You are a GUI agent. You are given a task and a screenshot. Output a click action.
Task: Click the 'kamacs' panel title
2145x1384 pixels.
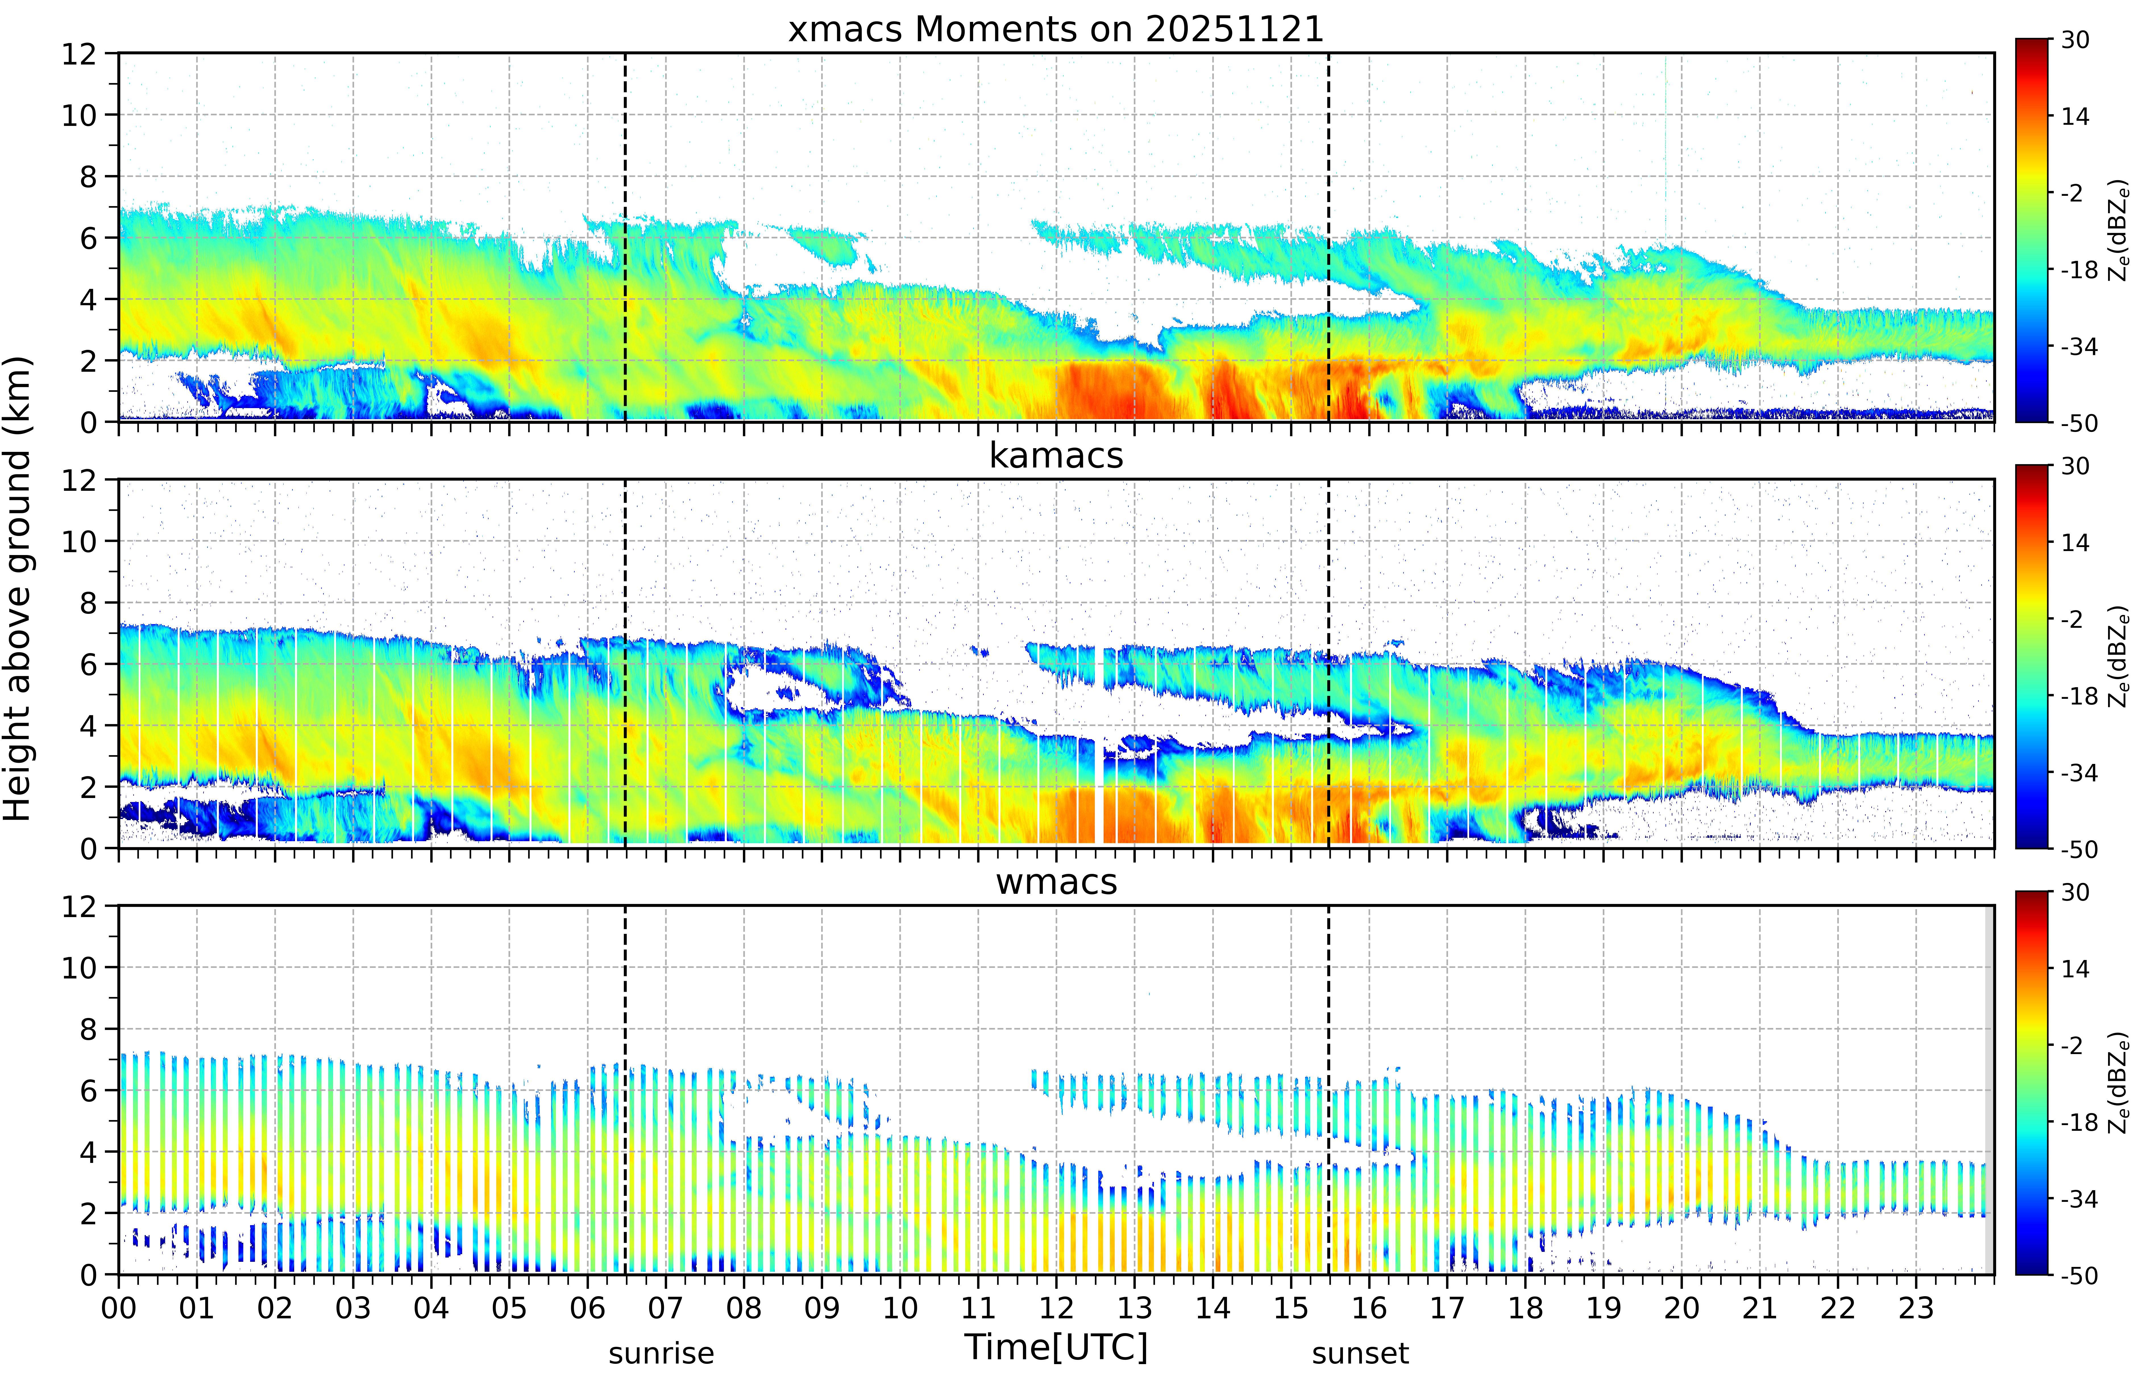point(1056,456)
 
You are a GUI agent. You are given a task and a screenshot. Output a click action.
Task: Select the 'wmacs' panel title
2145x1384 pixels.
point(1056,882)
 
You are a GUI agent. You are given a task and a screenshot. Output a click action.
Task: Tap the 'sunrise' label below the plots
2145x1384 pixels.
point(661,1352)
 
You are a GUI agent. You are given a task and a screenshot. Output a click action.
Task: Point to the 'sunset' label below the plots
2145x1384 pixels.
point(1361,1352)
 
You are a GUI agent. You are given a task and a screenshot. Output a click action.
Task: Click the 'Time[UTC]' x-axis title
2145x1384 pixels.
point(1056,1347)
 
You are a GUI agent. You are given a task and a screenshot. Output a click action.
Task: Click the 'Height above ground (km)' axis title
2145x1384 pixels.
point(18,589)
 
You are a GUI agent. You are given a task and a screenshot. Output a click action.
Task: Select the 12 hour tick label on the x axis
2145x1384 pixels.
point(1057,1308)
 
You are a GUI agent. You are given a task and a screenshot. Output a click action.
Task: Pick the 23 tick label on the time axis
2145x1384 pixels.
point(1916,1308)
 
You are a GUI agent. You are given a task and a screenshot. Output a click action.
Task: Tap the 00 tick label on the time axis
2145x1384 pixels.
point(119,1308)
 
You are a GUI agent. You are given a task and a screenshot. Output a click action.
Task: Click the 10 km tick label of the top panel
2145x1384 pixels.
point(79,115)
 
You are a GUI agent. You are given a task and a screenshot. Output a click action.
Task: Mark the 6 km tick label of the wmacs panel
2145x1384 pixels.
point(88,1090)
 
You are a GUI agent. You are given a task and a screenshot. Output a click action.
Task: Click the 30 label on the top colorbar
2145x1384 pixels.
point(2075,40)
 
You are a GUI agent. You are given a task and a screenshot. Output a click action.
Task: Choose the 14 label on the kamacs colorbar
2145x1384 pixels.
point(2075,542)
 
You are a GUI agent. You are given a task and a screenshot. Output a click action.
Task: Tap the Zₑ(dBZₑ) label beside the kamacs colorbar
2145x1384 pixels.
point(2119,656)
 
